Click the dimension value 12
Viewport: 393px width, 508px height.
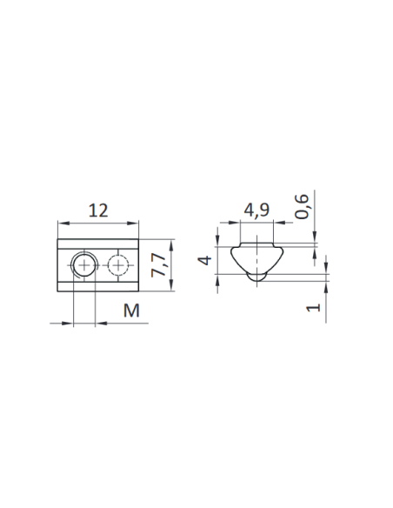(98, 211)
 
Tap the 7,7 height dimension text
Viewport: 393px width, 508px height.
(158, 265)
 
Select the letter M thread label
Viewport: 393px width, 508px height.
(131, 311)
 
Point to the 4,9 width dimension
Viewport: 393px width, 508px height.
(256, 211)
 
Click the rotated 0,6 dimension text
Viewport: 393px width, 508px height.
(302, 207)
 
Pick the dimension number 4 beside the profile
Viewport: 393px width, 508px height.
(205, 260)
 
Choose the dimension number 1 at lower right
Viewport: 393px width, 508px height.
(313, 307)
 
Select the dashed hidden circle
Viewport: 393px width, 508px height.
(118, 265)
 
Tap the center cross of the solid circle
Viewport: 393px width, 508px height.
(84, 265)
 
